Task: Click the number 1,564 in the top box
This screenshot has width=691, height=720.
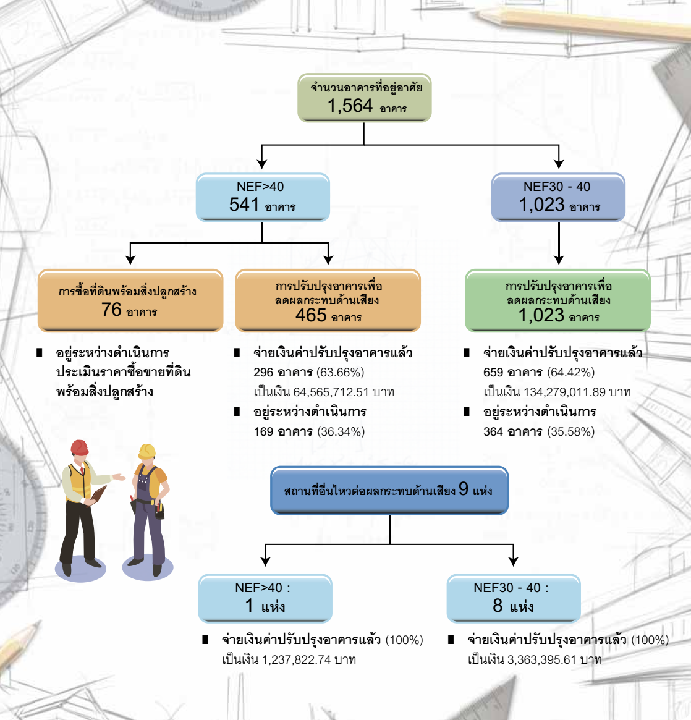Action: coord(350,106)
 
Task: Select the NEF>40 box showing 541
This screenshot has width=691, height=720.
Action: coord(263,197)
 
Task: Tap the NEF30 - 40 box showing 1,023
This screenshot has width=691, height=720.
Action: coord(558,197)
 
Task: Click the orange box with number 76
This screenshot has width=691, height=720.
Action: coord(130,300)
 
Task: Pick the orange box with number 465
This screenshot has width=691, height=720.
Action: coord(328,300)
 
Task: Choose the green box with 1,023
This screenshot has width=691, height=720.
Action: coord(557,300)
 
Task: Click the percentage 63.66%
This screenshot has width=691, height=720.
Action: coord(341,372)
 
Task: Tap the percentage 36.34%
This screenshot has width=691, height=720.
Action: coord(341,431)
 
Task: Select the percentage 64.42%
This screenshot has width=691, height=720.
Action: coord(570,372)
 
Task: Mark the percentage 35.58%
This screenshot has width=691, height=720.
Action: coord(571,431)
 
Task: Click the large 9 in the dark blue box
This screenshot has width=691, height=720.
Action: coord(464,489)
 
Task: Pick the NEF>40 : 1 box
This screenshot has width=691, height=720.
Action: coord(265,598)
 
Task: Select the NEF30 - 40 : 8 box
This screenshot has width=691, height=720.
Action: coord(513,598)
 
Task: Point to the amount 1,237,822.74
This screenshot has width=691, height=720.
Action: coord(297,659)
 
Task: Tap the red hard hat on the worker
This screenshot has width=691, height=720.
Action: coord(79,447)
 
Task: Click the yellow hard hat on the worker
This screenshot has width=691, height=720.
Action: coord(146,451)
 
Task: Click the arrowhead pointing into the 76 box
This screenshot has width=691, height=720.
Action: coord(130,260)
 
